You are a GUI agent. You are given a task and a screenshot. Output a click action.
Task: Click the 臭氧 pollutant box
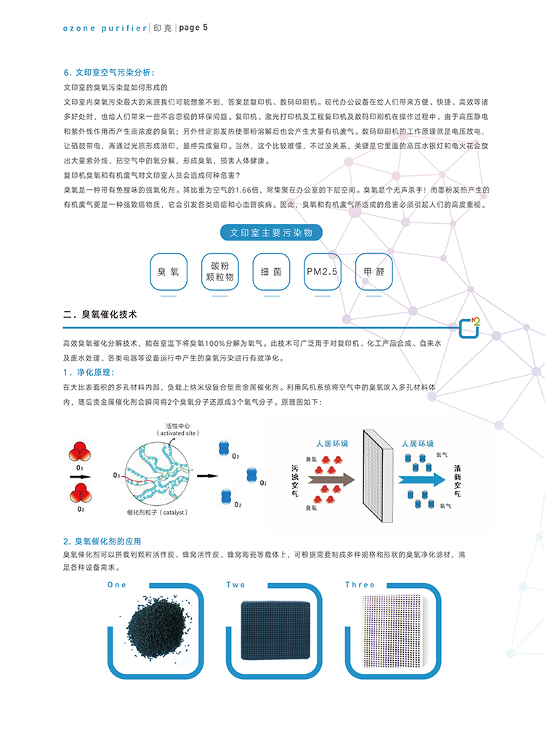coord(169,272)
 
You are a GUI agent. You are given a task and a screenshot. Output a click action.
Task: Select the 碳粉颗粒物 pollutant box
coord(219,272)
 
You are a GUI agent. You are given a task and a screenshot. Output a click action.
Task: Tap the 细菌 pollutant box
coord(271,272)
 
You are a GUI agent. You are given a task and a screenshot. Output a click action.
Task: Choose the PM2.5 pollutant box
coord(323,272)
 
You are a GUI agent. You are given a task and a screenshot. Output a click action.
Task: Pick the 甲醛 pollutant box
coord(374,272)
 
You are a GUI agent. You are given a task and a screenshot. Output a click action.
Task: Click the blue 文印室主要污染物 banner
coord(271,233)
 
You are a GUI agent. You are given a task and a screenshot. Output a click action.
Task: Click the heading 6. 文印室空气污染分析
coord(109,73)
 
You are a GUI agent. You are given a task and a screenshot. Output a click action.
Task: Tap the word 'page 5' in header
coord(193,28)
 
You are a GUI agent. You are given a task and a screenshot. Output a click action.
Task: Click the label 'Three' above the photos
coord(360,584)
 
